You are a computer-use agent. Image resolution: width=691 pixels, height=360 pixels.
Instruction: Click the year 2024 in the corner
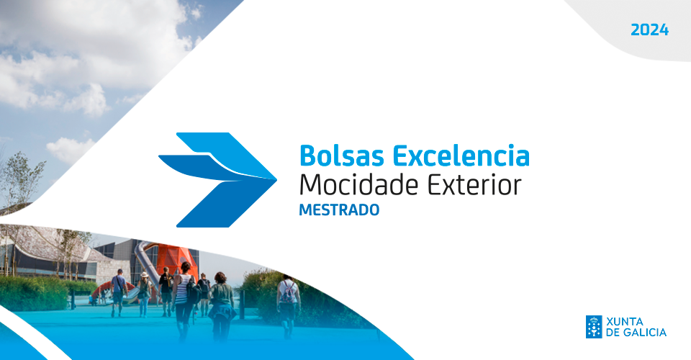pyautogui.click(x=649, y=30)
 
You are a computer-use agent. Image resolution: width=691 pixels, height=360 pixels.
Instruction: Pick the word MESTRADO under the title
pyautogui.click(x=338, y=211)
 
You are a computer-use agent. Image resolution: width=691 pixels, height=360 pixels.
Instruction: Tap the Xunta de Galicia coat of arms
pyautogui.click(x=594, y=326)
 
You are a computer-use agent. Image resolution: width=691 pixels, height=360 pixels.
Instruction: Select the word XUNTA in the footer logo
pyautogui.click(x=627, y=320)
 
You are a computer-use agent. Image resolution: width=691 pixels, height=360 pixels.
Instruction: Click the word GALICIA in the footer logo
pyautogui.click(x=644, y=333)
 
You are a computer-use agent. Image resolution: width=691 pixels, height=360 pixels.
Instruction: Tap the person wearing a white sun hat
pyautogui.click(x=144, y=288)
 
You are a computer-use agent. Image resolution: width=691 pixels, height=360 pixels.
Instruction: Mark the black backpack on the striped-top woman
pyautogui.click(x=193, y=293)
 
